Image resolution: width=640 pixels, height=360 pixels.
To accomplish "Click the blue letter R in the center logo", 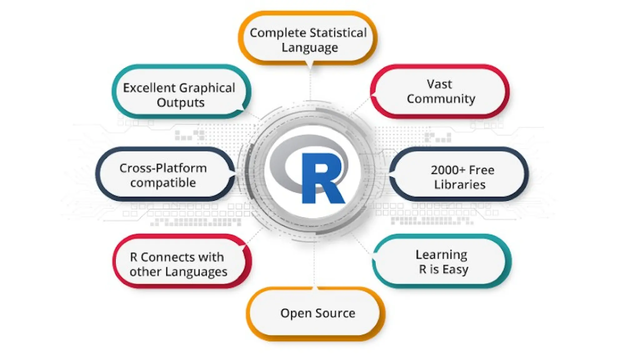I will click(x=322, y=178).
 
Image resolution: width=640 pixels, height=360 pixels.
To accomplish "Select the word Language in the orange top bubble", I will click(x=309, y=48).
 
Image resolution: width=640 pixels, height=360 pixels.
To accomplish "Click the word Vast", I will click(x=439, y=84).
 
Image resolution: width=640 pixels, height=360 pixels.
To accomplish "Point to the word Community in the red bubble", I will click(x=441, y=99).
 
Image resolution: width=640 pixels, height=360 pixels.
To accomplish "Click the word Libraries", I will click(x=460, y=185).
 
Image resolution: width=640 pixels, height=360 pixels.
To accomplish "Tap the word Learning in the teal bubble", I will click(x=441, y=255).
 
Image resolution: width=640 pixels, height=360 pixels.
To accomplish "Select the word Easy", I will click(x=455, y=269).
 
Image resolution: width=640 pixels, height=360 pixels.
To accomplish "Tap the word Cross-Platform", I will click(x=163, y=168).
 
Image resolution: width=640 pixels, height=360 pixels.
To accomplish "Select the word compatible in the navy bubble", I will click(x=163, y=183).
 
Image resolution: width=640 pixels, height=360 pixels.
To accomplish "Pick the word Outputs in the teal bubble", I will click(x=181, y=102).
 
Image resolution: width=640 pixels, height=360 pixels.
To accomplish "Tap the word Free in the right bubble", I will click(x=482, y=170).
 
